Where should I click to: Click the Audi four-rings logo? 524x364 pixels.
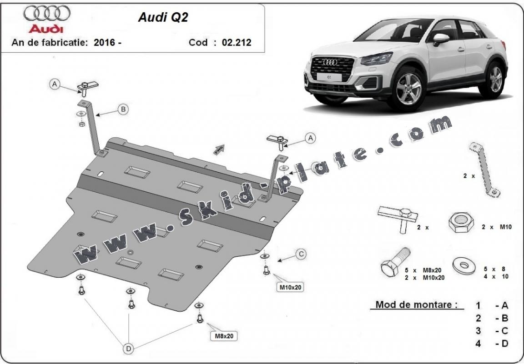pos(47,14)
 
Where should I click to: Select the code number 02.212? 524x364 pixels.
pos(236,43)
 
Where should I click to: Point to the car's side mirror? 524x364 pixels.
pos(440,39)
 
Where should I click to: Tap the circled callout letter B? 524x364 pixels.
pos(123,109)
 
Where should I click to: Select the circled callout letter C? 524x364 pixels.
pos(301,254)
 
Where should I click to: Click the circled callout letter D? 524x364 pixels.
pos(129,349)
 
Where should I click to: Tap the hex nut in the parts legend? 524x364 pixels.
pos(461,224)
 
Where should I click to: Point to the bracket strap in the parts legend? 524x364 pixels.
pos(484,170)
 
